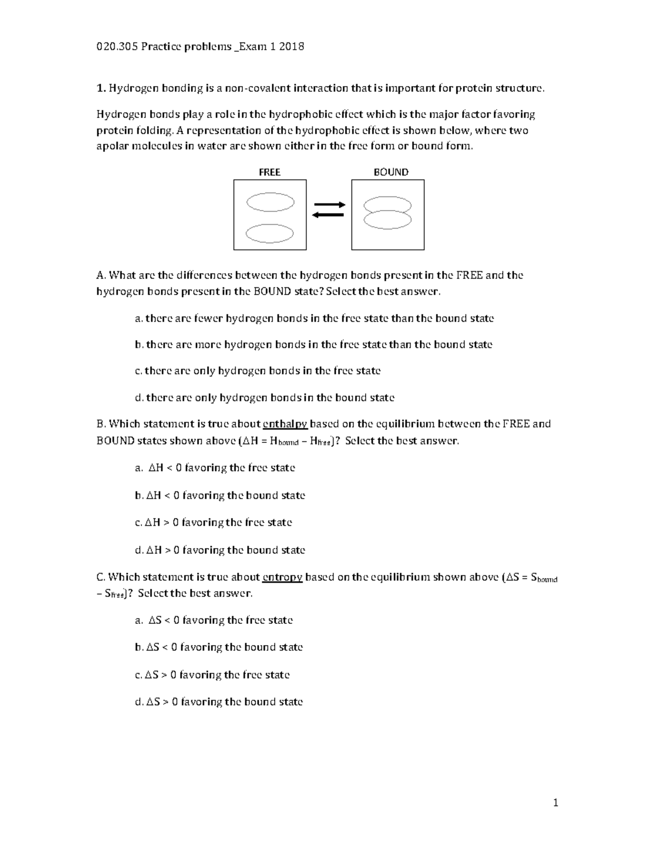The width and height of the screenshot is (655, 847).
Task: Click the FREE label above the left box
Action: pos(269,172)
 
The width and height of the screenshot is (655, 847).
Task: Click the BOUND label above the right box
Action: pos(391,172)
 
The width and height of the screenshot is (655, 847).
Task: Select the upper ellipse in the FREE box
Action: pos(270,202)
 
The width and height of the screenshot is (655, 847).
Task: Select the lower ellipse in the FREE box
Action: pos(270,233)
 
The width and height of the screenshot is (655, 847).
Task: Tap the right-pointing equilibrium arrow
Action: pos(329,205)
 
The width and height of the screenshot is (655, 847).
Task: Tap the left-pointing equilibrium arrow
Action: pos(327,215)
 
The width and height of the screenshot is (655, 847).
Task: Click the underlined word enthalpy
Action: pos(285,424)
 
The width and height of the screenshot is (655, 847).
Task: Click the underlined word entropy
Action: pos(282,577)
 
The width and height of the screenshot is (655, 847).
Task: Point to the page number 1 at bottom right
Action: pos(556,802)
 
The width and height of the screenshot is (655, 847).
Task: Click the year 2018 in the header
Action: pos(291,46)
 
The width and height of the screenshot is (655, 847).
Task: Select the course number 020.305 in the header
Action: pos(116,46)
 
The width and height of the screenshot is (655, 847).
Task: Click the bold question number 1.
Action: pos(100,88)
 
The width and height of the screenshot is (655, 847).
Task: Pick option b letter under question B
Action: pos(139,496)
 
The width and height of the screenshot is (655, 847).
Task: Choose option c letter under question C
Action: pos(138,675)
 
